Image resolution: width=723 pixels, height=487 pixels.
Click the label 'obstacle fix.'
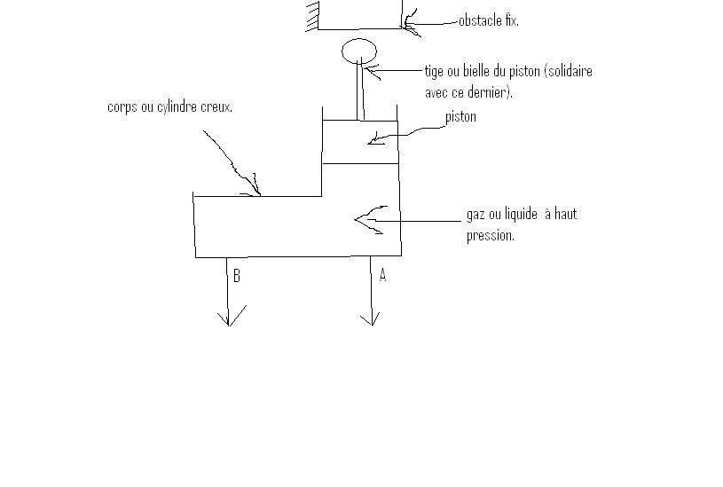point(488,20)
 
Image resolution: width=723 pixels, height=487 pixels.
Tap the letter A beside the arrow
point(382,275)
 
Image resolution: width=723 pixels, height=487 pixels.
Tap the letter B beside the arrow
point(237,276)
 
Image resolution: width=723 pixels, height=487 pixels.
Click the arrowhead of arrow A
point(371,318)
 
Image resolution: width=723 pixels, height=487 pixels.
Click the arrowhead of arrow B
point(229,318)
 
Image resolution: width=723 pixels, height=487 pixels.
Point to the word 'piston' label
point(460,116)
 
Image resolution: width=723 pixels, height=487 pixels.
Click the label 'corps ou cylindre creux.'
point(169,107)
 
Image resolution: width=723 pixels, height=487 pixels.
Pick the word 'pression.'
point(490,236)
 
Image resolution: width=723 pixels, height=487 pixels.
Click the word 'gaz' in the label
point(475,215)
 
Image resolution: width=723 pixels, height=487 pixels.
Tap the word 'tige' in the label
point(434,71)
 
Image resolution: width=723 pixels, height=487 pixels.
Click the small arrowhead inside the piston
point(374,138)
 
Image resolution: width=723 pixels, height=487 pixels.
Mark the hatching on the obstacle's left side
point(312,15)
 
